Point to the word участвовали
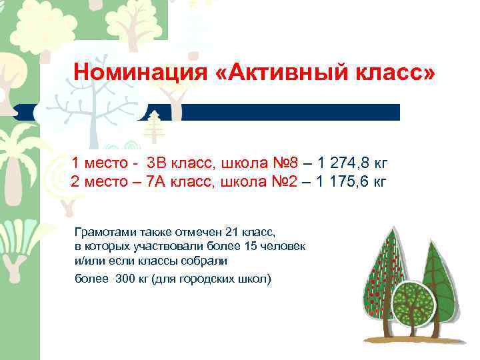point(165,247)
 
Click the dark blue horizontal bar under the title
point(280,112)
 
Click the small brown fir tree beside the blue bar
point(155,124)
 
